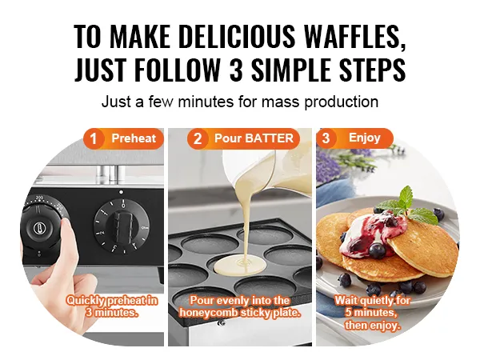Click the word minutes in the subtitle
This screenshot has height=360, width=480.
206,102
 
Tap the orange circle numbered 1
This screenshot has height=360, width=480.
94,138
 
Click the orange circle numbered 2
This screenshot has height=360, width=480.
198,138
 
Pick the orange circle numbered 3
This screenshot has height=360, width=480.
326,138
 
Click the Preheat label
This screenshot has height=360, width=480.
134,138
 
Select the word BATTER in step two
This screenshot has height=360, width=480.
270,138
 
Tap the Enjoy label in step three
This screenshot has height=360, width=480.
364,138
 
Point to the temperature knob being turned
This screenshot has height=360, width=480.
42,226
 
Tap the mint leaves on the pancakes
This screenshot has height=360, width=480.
408,205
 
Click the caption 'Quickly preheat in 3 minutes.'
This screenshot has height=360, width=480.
112,306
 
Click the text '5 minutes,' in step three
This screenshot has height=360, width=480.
371,313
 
